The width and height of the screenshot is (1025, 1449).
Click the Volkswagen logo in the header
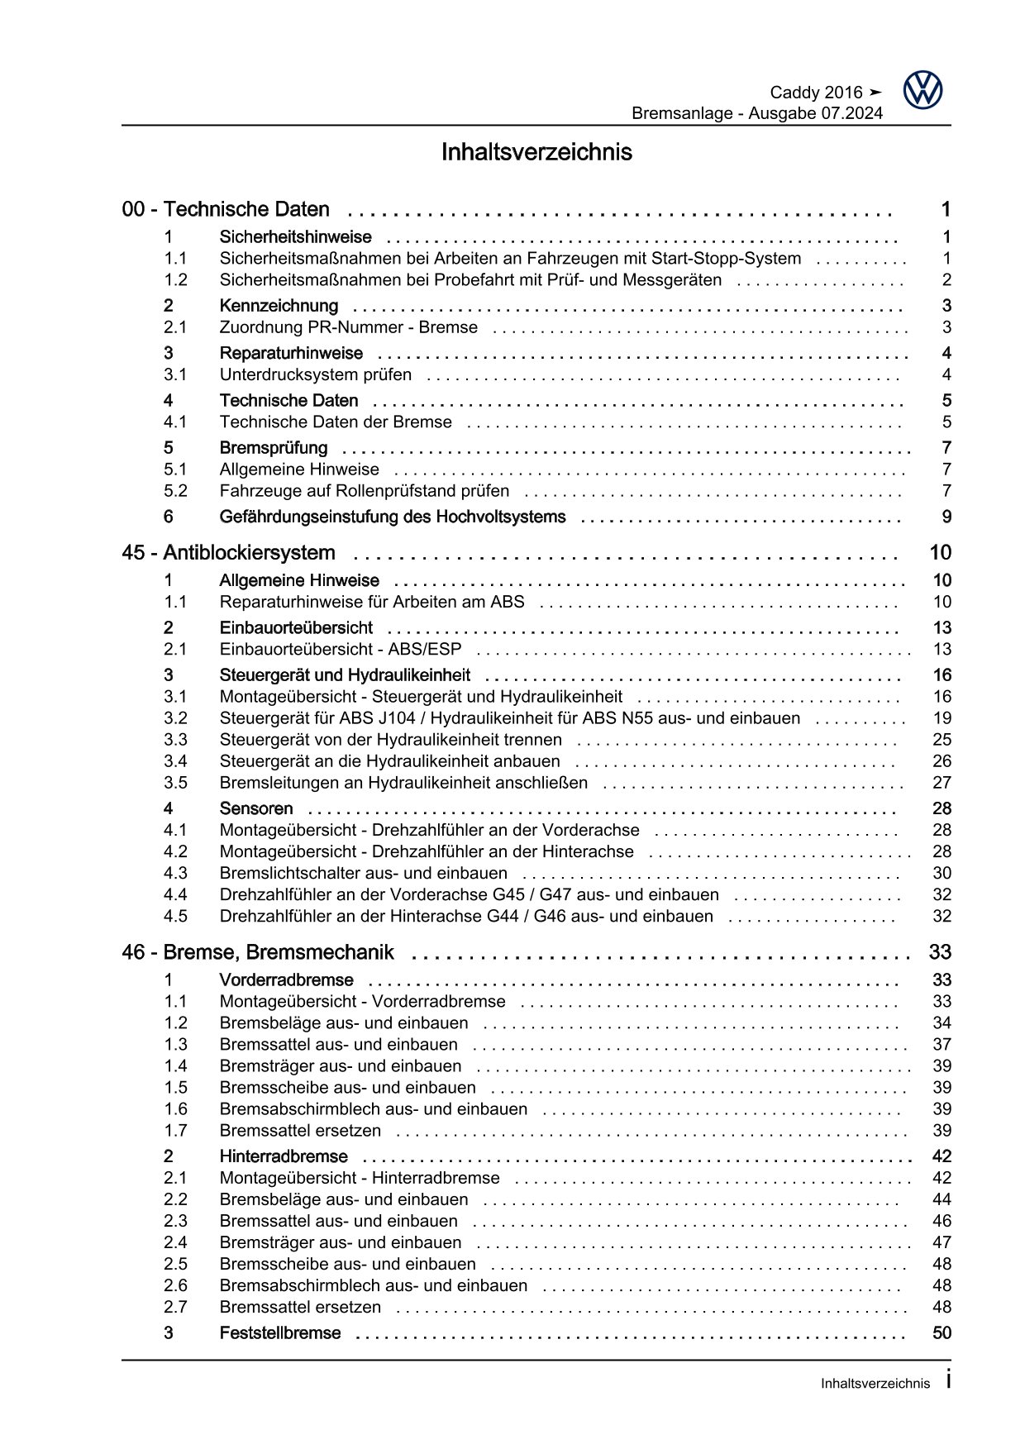click(922, 90)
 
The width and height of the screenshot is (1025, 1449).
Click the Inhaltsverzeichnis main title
click(536, 152)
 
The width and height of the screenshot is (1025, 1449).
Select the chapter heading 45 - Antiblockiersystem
click(228, 552)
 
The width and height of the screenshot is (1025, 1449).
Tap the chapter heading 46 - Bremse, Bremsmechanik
click(257, 952)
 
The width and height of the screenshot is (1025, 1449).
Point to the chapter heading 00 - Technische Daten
click(225, 209)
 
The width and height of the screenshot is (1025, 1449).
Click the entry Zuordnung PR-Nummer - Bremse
click(348, 327)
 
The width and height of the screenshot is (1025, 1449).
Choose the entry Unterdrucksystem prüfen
click(315, 374)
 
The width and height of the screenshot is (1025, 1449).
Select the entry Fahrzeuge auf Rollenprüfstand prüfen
click(364, 491)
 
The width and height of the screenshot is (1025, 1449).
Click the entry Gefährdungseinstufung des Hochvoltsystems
click(392, 517)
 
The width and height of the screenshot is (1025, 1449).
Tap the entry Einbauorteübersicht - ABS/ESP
click(340, 649)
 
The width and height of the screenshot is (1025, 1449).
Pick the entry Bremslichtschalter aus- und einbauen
click(363, 873)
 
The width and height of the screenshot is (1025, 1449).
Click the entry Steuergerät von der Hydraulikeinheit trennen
click(390, 740)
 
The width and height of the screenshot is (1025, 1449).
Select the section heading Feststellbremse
click(279, 1332)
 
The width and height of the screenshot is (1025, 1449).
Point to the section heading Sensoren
click(255, 808)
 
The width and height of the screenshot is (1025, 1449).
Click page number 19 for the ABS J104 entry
click(942, 718)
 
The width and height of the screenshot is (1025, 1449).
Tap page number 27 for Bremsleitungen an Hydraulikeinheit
click(942, 783)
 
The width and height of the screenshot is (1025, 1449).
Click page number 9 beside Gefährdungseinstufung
click(946, 517)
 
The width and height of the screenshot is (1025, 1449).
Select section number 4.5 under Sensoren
click(175, 916)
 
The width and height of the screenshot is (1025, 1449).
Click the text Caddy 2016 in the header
click(815, 93)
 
